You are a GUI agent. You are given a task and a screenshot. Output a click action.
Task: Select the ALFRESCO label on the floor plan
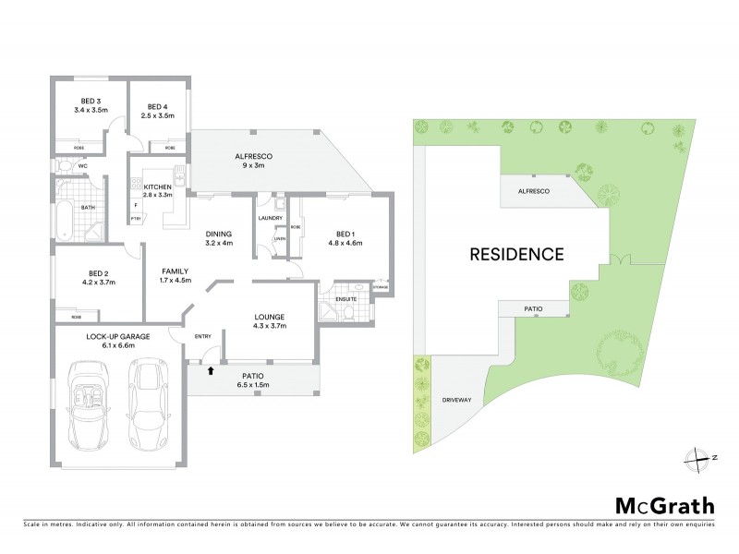253,157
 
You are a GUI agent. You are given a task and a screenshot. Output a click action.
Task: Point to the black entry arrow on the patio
212,369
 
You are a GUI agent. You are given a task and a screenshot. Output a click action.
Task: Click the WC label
82,166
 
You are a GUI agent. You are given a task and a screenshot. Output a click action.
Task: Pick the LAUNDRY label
271,218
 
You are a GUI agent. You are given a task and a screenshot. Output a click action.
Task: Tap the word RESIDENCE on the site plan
516,252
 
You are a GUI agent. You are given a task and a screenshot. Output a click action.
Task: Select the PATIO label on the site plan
533,308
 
